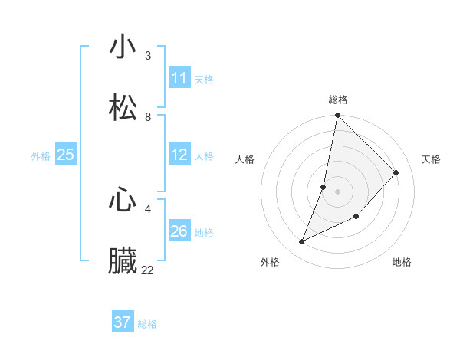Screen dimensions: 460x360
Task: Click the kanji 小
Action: tap(123, 47)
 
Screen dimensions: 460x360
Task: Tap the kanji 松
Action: tap(123, 108)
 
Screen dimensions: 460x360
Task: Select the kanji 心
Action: tap(123, 200)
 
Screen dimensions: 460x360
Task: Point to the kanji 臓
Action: tap(123, 261)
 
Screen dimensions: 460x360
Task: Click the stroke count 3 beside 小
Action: tap(148, 56)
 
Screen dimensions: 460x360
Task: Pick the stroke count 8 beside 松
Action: tap(148, 117)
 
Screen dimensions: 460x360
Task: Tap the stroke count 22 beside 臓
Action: tap(147, 270)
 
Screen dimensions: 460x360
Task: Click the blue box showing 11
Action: tap(179, 78)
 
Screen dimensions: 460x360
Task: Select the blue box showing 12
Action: tap(179, 155)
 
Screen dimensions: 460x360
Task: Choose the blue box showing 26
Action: tap(179, 231)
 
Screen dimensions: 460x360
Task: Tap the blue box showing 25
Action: tap(66, 155)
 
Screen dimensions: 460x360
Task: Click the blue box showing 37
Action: tap(123, 322)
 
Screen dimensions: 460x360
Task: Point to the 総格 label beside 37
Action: tap(147, 324)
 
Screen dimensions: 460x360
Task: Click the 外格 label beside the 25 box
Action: tap(41, 156)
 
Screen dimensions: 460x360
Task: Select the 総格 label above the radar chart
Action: tap(338, 100)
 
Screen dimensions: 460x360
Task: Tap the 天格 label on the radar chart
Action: tap(431, 159)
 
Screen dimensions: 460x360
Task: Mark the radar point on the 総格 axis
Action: tap(337, 116)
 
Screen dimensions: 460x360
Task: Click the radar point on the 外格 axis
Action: tap(302, 242)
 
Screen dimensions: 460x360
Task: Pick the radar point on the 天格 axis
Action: tap(396, 172)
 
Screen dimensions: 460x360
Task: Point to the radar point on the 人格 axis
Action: tap(324, 187)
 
